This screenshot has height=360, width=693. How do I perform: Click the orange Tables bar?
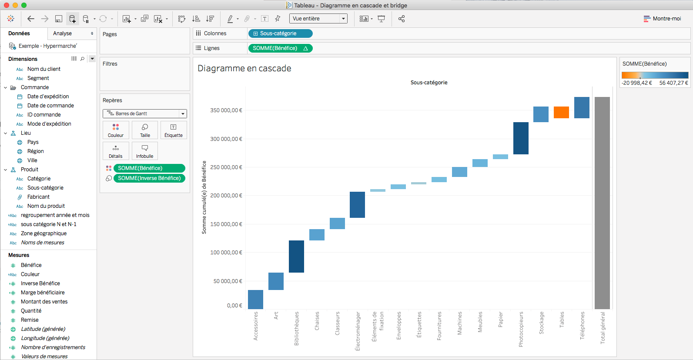(561, 112)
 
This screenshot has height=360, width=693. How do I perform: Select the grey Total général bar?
(602, 203)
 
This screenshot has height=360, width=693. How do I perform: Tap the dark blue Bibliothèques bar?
(296, 257)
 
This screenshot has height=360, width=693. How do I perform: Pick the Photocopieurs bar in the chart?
(521, 138)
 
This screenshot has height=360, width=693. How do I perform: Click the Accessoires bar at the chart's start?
(255, 299)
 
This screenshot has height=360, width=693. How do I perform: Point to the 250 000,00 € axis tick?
(226, 167)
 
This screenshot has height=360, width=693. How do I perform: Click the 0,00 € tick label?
(234, 306)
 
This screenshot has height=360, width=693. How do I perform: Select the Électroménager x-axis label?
(358, 331)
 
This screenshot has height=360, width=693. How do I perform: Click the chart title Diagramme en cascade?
(244, 68)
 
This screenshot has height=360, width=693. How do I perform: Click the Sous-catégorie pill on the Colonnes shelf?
(280, 33)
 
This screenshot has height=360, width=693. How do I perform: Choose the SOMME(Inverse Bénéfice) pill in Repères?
(149, 178)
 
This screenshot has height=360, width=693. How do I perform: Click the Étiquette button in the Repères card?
(174, 130)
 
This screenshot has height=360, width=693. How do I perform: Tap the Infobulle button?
(145, 151)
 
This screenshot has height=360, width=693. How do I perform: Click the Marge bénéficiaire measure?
(43, 293)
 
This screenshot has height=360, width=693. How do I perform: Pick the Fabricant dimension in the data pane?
(38, 197)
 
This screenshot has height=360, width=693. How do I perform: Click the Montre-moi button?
(663, 19)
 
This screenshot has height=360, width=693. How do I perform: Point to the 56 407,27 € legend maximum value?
(673, 83)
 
